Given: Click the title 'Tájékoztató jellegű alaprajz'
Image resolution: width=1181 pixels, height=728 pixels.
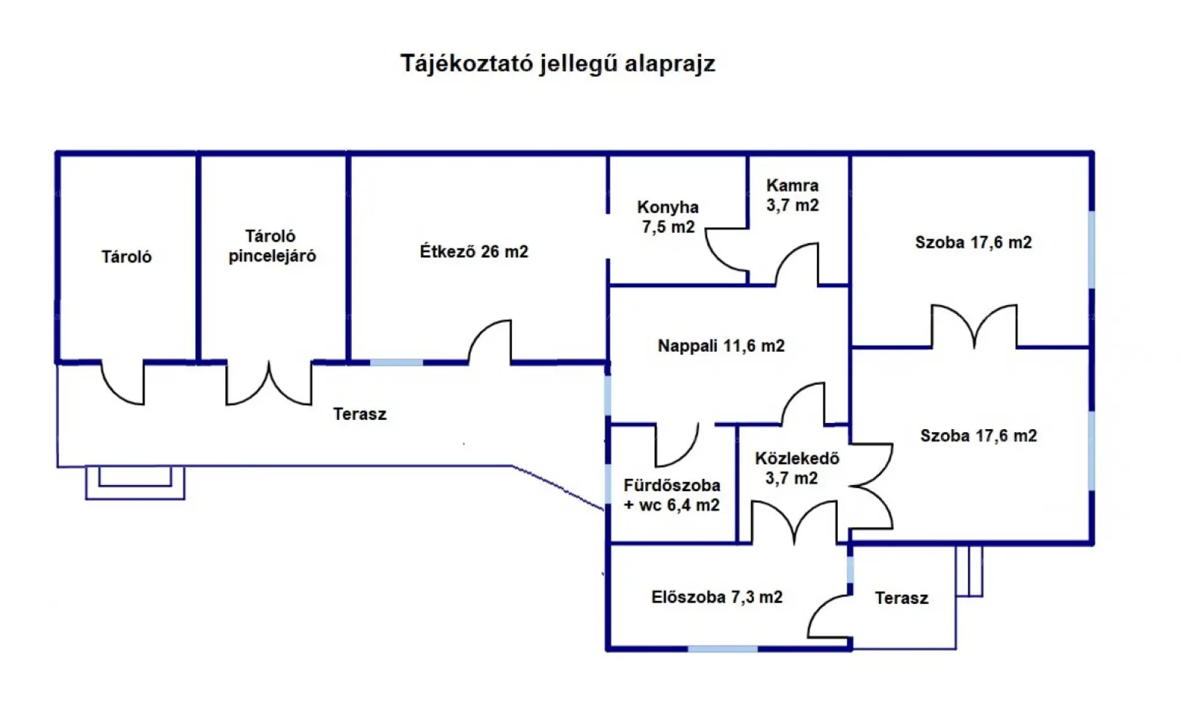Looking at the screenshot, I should click(558, 64).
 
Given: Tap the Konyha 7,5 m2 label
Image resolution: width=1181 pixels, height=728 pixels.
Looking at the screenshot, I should click(668, 217).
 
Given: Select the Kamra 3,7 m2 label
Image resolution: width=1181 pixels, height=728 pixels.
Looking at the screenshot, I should click(792, 195).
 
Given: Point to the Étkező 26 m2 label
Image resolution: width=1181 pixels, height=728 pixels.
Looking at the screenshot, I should click(474, 251).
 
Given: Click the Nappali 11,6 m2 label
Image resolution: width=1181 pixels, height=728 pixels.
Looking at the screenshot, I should click(721, 346).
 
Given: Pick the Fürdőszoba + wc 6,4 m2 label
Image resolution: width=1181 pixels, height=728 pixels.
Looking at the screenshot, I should click(672, 495).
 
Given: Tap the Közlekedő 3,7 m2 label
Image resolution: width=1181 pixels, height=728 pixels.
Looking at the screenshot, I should click(797, 468).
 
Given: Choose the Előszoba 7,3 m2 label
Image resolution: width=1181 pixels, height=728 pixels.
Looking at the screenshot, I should click(717, 597).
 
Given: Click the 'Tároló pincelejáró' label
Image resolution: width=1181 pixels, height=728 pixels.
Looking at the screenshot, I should click(272, 246).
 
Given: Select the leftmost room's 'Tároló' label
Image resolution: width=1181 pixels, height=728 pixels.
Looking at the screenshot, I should click(126, 257).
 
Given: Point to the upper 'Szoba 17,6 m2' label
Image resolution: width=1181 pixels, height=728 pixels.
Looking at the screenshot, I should click(973, 242).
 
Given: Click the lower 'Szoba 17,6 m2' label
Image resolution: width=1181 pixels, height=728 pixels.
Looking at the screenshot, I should click(978, 436).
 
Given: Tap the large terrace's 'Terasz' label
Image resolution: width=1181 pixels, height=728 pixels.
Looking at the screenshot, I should click(360, 414).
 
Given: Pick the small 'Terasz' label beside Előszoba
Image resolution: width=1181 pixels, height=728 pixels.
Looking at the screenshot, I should click(901, 598).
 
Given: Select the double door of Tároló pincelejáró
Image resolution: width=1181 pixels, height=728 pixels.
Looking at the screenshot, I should click(269, 385).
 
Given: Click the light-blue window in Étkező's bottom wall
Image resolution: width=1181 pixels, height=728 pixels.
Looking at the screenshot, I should click(396, 363).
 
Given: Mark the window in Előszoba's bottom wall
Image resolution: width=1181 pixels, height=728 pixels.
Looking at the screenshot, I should click(722, 649).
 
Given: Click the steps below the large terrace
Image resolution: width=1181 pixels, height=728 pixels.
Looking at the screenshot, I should click(135, 482).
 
